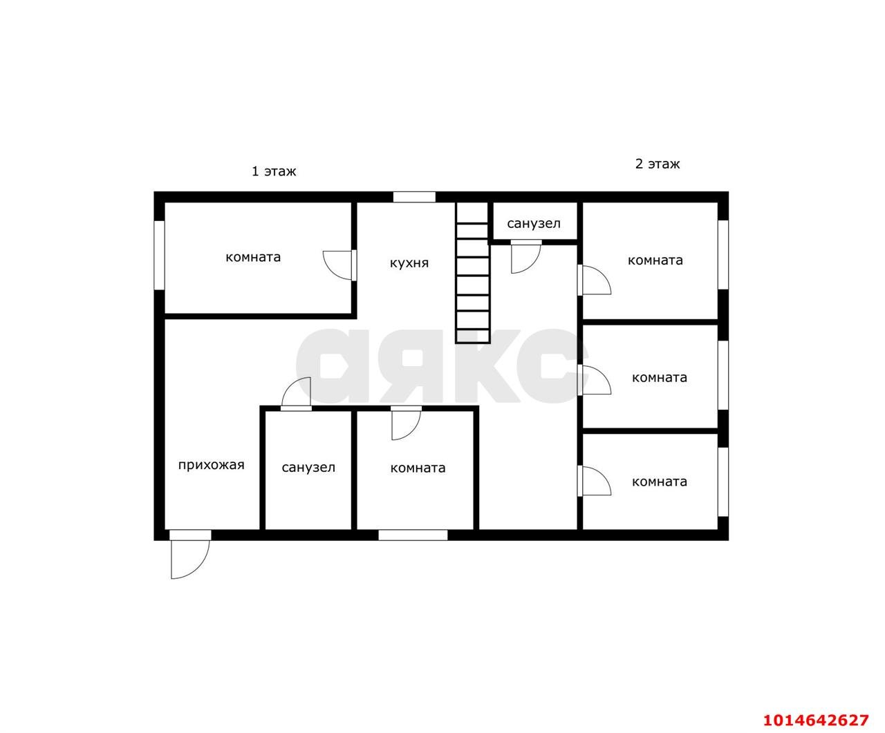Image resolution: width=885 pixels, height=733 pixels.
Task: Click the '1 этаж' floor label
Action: click(274, 171)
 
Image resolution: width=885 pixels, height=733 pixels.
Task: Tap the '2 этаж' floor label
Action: click(657, 164)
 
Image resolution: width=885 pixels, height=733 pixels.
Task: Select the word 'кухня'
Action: click(409, 263)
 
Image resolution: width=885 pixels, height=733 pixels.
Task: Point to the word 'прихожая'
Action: click(211, 465)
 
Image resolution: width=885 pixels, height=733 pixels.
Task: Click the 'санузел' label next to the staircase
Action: click(534, 224)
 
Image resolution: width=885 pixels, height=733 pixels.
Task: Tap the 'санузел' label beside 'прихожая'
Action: click(308, 468)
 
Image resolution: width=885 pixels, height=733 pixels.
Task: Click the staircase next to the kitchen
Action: click(473, 272)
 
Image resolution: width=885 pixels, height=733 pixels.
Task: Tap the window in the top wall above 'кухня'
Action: click(414, 197)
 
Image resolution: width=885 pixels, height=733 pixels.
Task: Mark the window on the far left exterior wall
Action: click(159, 255)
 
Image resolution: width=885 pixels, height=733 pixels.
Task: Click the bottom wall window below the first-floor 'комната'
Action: click(413, 535)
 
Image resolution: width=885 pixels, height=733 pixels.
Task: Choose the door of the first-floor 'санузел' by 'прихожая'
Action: click(297, 394)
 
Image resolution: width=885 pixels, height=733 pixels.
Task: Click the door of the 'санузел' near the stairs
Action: click(526, 256)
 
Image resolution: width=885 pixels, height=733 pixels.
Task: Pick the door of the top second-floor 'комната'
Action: click(594, 280)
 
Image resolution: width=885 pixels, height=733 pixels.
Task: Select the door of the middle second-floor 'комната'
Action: click(594, 380)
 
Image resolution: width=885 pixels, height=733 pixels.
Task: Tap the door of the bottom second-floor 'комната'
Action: click(594, 481)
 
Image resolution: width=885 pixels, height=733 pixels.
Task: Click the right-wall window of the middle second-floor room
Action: click(723, 374)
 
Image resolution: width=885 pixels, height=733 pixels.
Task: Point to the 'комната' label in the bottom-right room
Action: click(660, 482)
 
